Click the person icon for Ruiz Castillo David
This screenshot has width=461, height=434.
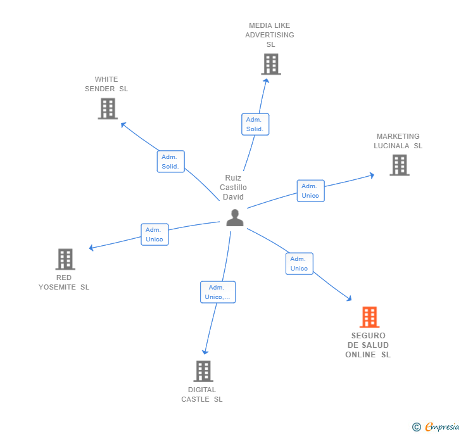[235, 218]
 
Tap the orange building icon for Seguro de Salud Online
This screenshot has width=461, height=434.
[369, 317]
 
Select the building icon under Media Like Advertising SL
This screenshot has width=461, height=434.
[270, 64]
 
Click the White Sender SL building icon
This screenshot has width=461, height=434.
[108, 108]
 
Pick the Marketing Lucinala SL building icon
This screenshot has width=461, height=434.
[399, 165]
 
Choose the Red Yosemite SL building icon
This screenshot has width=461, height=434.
[65, 259]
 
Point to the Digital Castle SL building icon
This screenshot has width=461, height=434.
[203, 371]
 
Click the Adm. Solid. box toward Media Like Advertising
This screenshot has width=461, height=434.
[255, 124]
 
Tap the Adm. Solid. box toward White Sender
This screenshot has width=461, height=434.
[170, 162]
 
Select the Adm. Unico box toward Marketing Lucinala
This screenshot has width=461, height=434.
[310, 191]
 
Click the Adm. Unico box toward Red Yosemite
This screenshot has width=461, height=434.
[155, 234]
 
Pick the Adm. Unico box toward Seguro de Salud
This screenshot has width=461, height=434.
[299, 264]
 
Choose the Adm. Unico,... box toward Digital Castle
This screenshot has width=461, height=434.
[218, 292]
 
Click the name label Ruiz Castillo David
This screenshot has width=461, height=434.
[233, 188]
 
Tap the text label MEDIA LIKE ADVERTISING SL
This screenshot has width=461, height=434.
[270, 35]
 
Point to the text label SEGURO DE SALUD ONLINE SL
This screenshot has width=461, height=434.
[368, 345]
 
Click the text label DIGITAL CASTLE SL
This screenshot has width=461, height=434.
[202, 394]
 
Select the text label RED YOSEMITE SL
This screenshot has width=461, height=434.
[64, 282]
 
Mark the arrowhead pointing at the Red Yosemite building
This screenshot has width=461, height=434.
[92, 248]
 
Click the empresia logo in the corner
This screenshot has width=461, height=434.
[436, 427]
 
